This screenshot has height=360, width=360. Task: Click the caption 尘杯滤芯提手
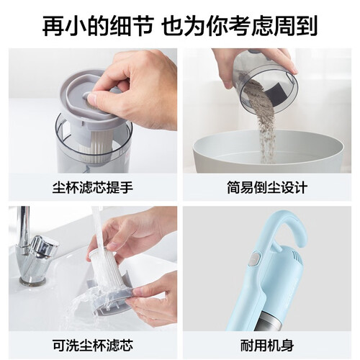(93, 188)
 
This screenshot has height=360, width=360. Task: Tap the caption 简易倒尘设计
(267, 188)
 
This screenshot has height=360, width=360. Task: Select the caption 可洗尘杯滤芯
(93, 346)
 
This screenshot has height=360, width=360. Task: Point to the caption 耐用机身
(267, 346)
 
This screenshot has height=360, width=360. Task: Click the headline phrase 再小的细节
(98, 26)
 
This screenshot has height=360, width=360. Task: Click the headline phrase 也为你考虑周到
(240, 26)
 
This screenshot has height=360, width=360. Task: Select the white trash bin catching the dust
(269, 153)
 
